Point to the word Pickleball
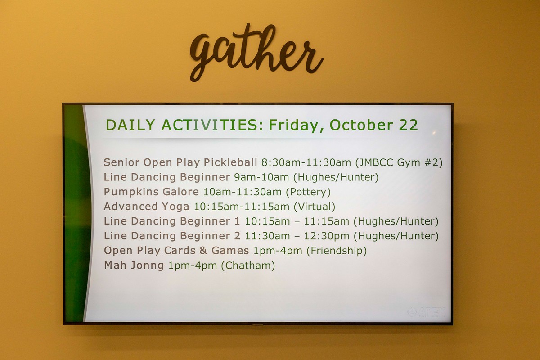coord(230,162)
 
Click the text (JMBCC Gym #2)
coord(399,162)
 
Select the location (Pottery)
coord(308,192)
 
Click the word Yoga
coord(175,207)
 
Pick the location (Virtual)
coord(315,207)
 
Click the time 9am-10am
coord(261,177)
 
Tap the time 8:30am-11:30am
coord(306,162)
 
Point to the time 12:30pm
coord(326,236)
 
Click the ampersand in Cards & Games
coord(203,251)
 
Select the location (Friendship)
coord(337,251)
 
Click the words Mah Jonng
coord(134,265)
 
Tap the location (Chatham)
coord(248,265)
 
